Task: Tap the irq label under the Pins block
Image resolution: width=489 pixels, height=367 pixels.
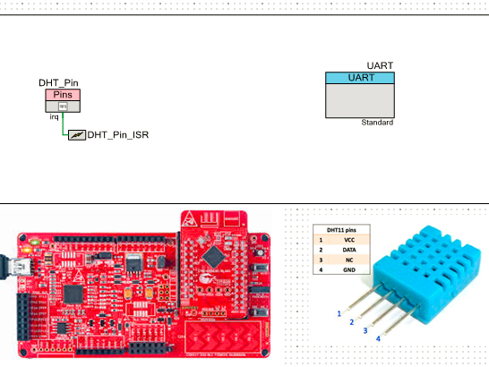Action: tap(54, 116)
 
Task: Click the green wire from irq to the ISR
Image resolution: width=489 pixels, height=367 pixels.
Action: tap(64, 128)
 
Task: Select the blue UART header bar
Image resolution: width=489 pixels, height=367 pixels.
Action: tap(359, 78)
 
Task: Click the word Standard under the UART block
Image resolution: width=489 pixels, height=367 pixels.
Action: tap(377, 122)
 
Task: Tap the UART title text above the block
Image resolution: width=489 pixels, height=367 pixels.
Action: tap(381, 65)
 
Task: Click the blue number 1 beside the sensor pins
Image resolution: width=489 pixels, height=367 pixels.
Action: tap(339, 313)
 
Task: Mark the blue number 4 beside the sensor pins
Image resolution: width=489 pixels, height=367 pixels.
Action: tap(377, 338)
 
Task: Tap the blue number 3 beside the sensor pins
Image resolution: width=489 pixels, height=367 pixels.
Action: tap(365, 330)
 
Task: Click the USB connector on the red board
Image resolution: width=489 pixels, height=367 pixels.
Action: tap(13, 265)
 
